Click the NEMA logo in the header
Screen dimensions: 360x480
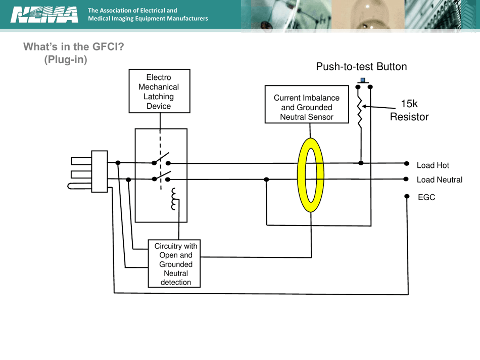pos(44,15)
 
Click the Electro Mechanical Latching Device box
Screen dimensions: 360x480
pos(159,92)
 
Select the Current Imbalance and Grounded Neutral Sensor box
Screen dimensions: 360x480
pos(307,107)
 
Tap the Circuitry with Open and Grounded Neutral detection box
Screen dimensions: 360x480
pos(174,264)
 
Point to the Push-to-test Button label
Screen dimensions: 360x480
pos(361,67)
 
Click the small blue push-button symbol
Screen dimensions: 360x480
pos(363,80)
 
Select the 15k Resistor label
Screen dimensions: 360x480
pos(409,110)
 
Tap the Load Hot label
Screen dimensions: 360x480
pos(433,165)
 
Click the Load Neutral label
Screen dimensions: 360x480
pos(439,179)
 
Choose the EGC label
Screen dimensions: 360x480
pos(426,197)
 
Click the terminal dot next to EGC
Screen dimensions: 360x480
pos(407,196)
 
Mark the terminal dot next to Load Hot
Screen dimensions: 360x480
pos(407,163)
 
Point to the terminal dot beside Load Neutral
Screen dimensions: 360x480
pos(407,178)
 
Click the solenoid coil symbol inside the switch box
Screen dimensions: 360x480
pos(175,199)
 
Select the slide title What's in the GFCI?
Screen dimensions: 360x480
pos(74,47)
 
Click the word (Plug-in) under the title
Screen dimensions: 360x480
pos(66,59)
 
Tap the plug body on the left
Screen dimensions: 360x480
pos(99,171)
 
